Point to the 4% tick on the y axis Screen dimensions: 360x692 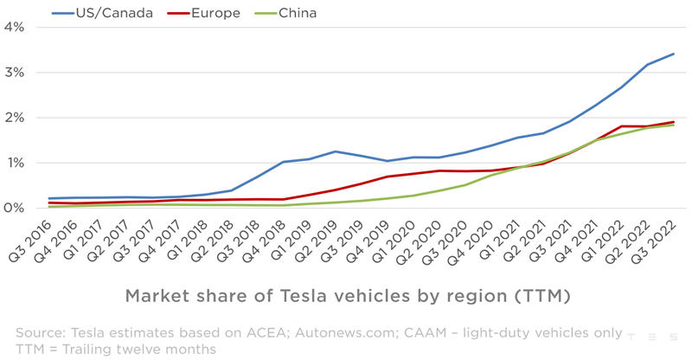[13, 27]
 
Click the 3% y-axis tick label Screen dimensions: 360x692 [13, 73]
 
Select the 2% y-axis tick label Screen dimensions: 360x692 [13, 118]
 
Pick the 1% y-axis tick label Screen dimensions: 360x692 [13, 163]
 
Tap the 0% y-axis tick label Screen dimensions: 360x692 [13, 208]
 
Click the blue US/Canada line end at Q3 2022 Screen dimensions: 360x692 [674, 54]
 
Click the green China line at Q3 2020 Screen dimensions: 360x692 [466, 184]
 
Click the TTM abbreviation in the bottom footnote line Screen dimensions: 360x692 [31, 349]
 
